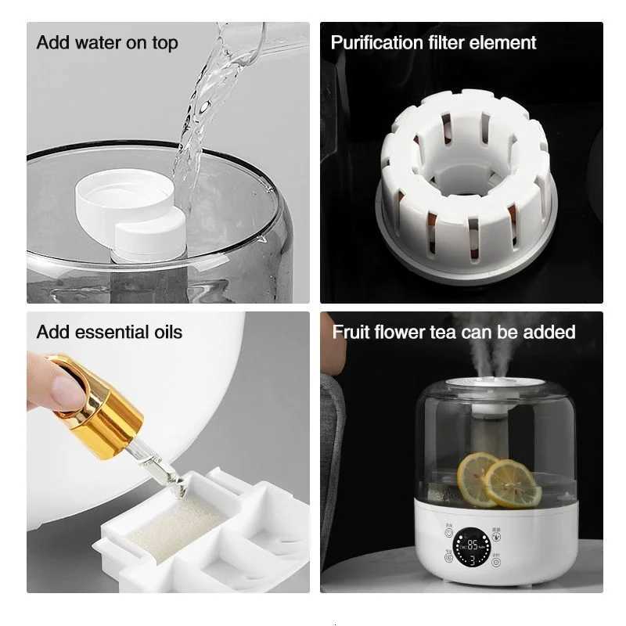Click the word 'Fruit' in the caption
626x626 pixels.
coord(351,332)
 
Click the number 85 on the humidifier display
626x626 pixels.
coord(473,545)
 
